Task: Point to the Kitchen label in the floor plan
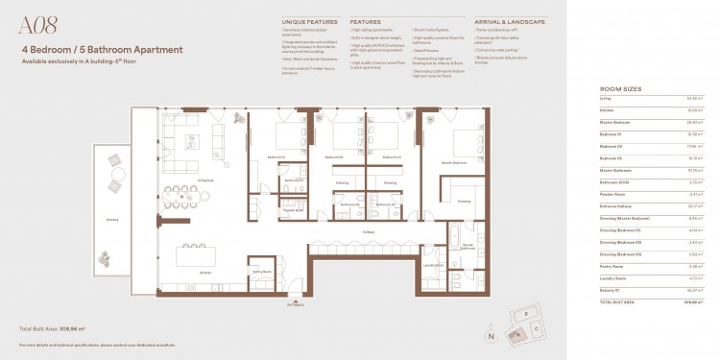coord(204,273)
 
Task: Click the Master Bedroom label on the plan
coord(452,163)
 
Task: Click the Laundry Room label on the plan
coord(431,264)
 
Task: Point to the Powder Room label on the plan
coord(252,208)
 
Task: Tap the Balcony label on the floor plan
coord(112,218)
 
